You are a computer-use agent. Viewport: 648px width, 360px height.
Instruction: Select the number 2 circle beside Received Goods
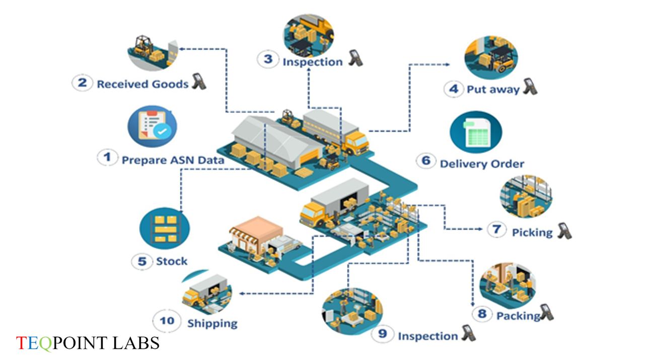(82, 82)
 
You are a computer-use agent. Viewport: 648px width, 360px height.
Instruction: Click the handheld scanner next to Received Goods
(198, 82)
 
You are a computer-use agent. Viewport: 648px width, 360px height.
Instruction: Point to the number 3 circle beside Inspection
(267, 59)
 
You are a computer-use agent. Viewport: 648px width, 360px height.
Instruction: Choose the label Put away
(493, 90)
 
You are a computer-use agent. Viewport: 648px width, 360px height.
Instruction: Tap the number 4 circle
(453, 89)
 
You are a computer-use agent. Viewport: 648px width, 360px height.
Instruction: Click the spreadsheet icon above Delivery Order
(475, 132)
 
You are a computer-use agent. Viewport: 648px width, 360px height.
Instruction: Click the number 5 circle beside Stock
(141, 261)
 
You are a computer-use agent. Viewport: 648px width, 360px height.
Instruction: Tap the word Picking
(532, 232)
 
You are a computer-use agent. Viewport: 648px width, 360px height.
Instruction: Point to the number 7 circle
(496, 230)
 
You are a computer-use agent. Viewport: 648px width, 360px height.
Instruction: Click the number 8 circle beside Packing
(482, 314)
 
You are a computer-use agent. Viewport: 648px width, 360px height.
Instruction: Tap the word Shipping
(212, 323)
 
